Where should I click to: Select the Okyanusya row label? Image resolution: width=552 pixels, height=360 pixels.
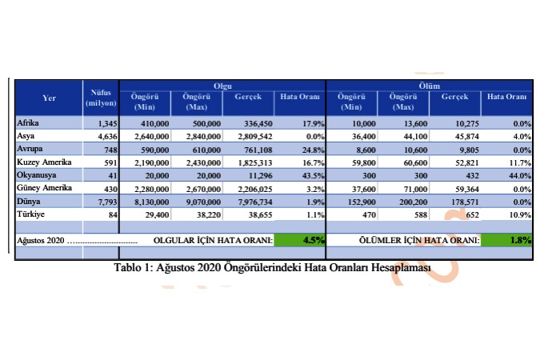click(x=37, y=174)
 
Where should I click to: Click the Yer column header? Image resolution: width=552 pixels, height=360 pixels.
click(x=50, y=98)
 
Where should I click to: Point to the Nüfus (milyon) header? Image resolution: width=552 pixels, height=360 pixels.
click(x=102, y=98)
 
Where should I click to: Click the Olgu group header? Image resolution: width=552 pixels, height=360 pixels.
click(x=222, y=85)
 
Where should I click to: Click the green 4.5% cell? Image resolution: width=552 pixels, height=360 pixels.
click(x=300, y=239)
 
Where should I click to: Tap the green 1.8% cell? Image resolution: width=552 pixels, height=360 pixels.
click(x=506, y=239)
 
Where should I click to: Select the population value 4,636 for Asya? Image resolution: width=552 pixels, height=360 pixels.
click(x=105, y=136)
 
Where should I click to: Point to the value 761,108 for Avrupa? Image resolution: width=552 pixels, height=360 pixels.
click(x=252, y=149)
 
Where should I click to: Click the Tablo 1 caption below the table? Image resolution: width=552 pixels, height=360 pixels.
click(x=273, y=266)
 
